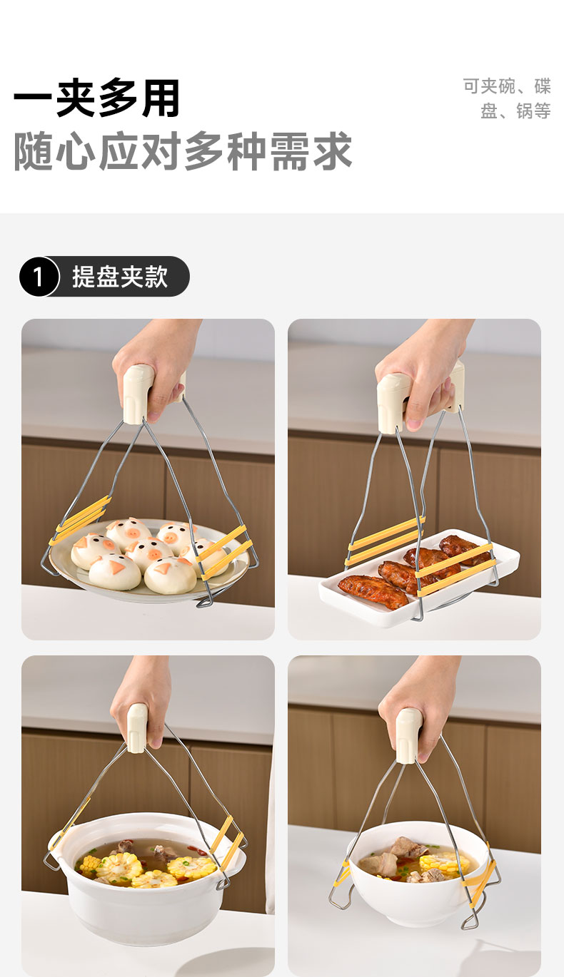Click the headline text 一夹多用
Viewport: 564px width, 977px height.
click(96, 98)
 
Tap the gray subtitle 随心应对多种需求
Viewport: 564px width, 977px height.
click(183, 151)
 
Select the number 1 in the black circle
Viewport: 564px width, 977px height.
click(38, 277)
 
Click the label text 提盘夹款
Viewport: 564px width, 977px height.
click(120, 277)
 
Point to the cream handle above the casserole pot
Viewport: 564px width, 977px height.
click(137, 728)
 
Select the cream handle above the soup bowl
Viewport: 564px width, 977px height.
click(408, 736)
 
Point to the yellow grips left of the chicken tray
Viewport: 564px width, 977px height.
click(385, 540)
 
